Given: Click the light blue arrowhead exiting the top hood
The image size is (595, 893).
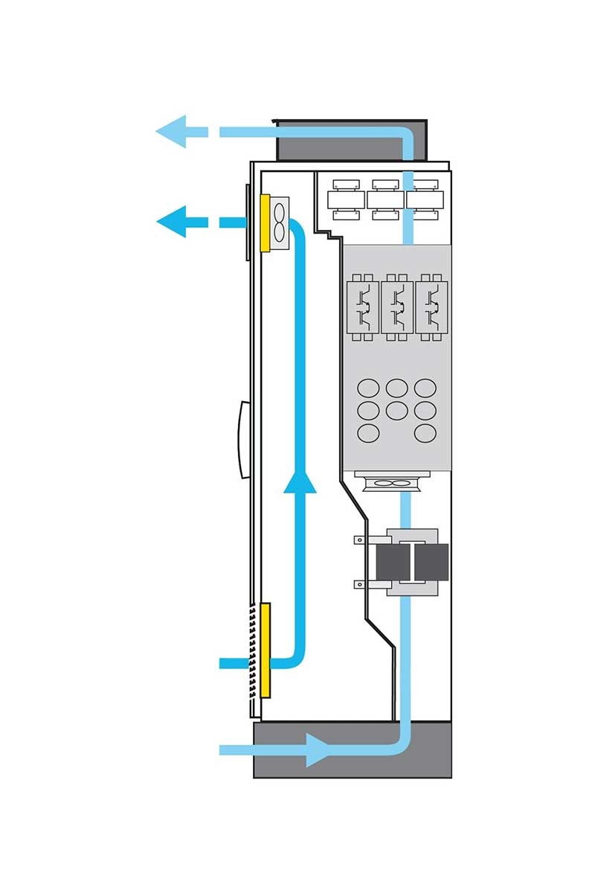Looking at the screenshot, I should [x=173, y=132].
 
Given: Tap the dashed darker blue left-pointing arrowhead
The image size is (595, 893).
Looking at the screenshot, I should [x=173, y=222].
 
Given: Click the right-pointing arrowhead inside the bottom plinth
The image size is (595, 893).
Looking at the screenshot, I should [x=320, y=749].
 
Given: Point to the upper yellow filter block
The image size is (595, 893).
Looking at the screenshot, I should [x=265, y=223].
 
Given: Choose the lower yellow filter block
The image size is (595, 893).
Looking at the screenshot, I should [x=265, y=650].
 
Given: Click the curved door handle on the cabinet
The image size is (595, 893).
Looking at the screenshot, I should [x=241, y=439].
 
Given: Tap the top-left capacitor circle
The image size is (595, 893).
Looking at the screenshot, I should [x=369, y=388].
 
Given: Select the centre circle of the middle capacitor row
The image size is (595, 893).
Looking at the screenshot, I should [x=397, y=410].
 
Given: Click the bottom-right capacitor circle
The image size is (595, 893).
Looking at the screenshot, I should [x=425, y=433].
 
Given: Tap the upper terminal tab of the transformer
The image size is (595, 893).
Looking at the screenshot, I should [x=359, y=540].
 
